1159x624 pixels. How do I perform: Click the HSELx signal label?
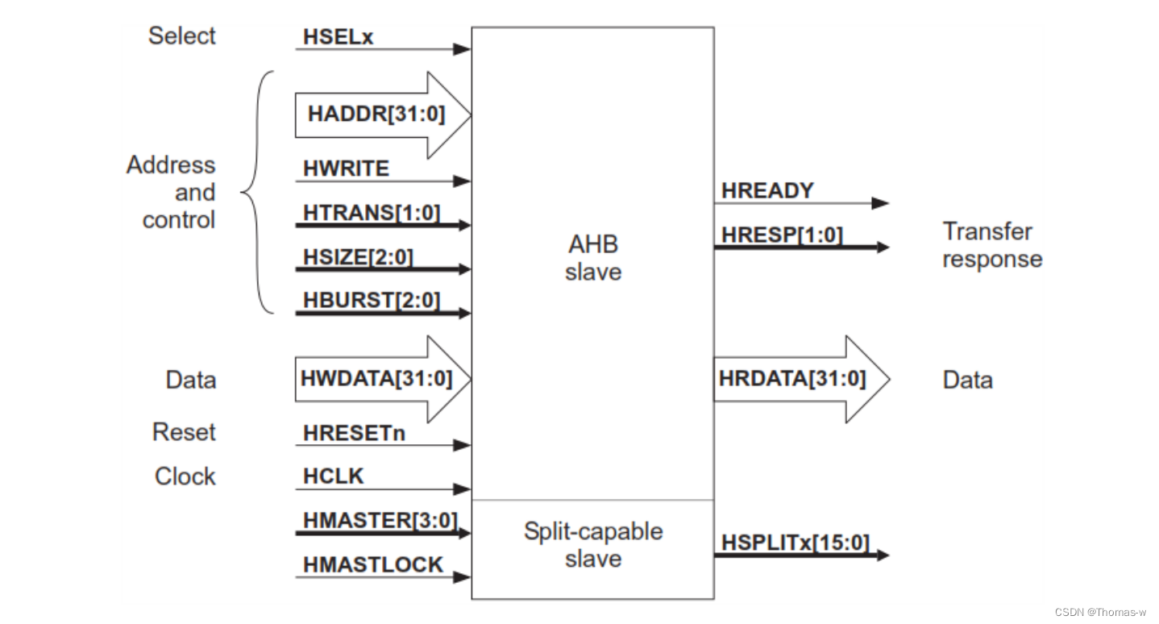pyautogui.click(x=338, y=37)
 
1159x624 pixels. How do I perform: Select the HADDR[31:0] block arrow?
pyautogui.click(x=376, y=114)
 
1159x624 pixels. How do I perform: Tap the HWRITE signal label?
pyautogui.click(x=346, y=168)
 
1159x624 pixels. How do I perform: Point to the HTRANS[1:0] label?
pyautogui.click(x=372, y=213)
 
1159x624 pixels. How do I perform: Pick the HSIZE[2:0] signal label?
pyautogui.click(x=358, y=256)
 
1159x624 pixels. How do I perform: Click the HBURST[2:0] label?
pyautogui.click(x=372, y=301)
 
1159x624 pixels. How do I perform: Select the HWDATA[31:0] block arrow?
pyautogui.click(x=376, y=379)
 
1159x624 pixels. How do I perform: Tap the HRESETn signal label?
pyautogui.click(x=354, y=433)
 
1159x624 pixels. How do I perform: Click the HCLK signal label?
pyautogui.click(x=334, y=476)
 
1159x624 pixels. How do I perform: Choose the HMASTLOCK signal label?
pyautogui.click(x=373, y=565)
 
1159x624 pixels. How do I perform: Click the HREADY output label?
pyautogui.click(x=767, y=191)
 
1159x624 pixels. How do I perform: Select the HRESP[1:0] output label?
pyautogui.click(x=782, y=235)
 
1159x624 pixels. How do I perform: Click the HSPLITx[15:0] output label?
pyautogui.click(x=796, y=543)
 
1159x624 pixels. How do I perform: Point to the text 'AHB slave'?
pyautogui.click(x=592, y=258)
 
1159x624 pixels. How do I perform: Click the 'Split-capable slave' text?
pyautogui.click(x=592, y=545)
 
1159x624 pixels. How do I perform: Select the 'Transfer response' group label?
pyautogui.click(x=991, y=245)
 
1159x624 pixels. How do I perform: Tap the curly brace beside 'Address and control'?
pyautogui.click(x=256, y=193)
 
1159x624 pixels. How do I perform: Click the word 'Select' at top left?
pyautogui.click(x=182, y=36)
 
